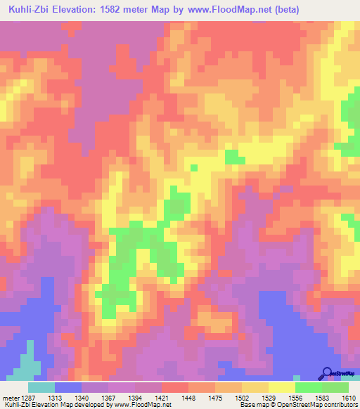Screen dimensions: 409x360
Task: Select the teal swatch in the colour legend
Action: coord(41,387)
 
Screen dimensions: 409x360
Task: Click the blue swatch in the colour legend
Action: coord(68,387)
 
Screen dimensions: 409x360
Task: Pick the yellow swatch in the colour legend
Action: coord(282,387)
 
